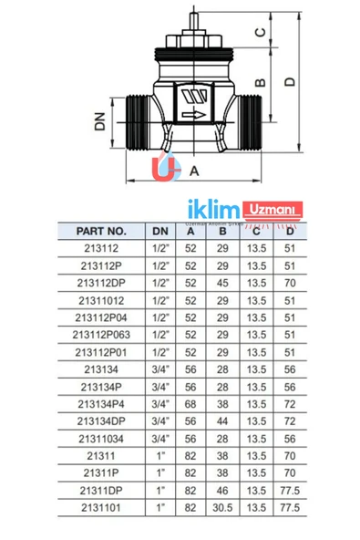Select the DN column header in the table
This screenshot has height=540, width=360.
tap(159, 232)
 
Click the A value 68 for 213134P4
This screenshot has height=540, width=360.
tap(192, 403)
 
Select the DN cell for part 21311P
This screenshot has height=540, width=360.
tap(159, 472)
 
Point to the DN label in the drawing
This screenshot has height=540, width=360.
tap(100, 120)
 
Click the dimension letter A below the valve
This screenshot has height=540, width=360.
tap(192, 170)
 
